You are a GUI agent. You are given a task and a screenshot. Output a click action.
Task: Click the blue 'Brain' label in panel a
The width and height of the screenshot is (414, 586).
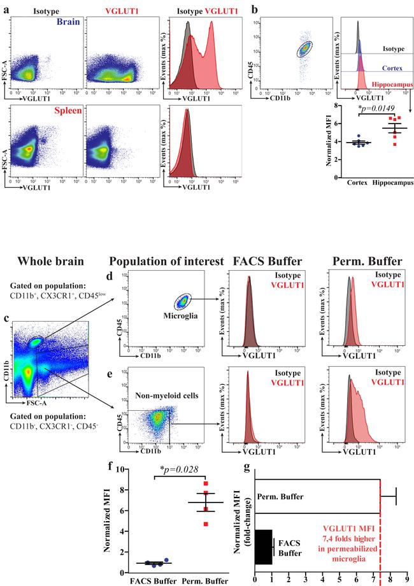tap(64, 21)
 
